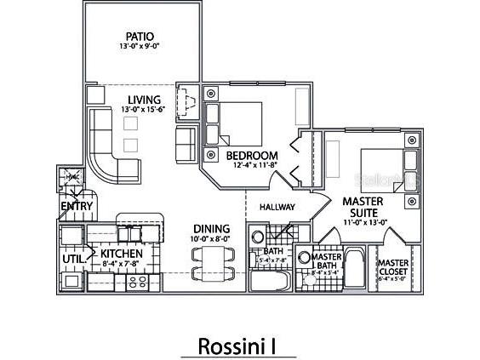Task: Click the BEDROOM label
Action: point(252,156)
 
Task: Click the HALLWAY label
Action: point(277,207)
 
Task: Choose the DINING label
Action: point(210,229)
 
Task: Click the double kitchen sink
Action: point(129,232)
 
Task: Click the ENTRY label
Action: point(75,205)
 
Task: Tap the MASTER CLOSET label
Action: point(393,268)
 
